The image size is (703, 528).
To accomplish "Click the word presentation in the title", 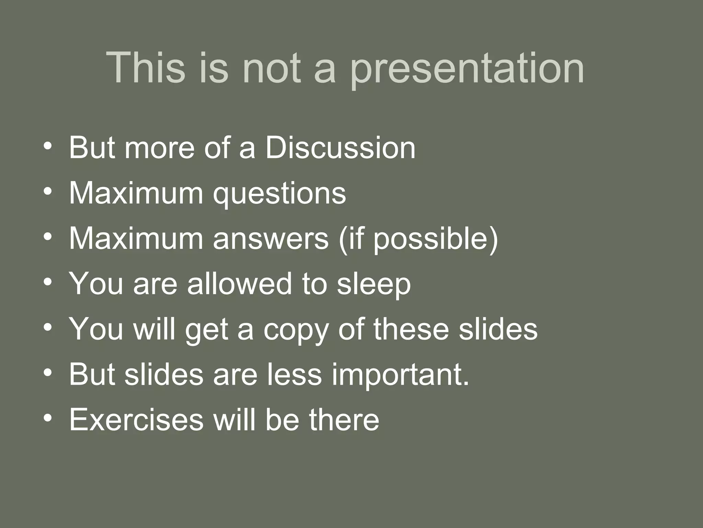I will pyautogui.click(x=467, y=69).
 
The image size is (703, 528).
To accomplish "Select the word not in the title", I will pyautogui.click(x=271, y=68).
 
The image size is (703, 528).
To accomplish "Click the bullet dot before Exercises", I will pyautogui.click(x=48, y=418).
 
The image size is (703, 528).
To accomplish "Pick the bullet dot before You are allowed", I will pyautogui.click(x=48, y=282).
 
